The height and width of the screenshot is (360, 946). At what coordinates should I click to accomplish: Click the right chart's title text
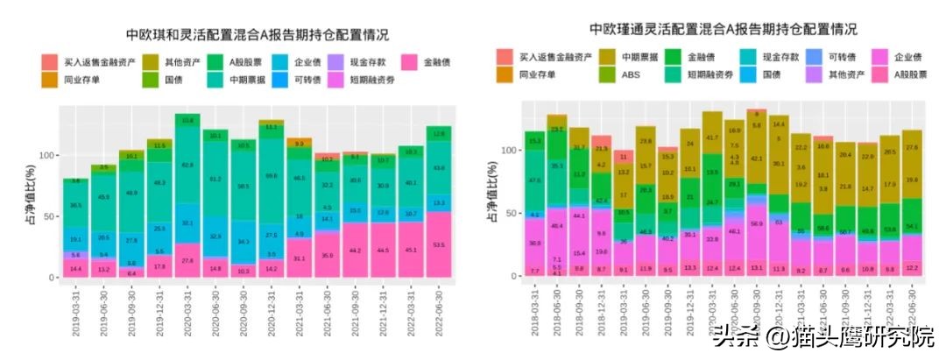[x=710, y=31]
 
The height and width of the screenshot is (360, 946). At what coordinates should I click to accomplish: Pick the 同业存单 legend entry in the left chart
[x=82, y=80]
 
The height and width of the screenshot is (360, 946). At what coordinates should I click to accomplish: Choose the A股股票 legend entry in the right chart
[x=910, y=74]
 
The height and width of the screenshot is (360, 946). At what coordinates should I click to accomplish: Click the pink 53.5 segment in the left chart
[x=439, y=244]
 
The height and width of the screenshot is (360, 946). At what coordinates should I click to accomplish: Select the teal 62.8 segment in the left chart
[x=187, y=165]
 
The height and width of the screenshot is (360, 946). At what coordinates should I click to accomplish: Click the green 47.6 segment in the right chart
[x=534, y=180]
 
